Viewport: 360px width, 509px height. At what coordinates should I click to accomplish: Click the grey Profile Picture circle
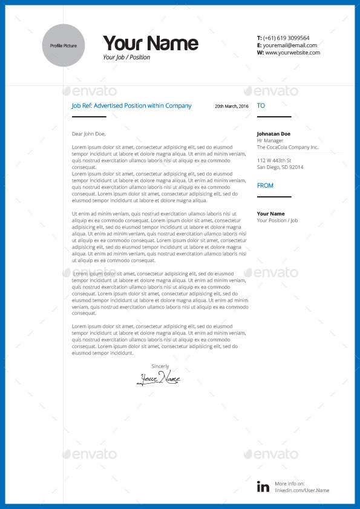pos(64,45)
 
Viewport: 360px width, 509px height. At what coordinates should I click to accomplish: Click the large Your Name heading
pos(150,43)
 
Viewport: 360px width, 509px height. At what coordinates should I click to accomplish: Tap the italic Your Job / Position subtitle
pos(126,57)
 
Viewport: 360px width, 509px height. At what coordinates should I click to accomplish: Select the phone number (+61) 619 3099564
pos(286,38)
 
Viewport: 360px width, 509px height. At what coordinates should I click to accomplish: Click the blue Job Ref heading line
pos(131,106)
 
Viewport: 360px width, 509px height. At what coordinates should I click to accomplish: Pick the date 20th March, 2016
pos(232,107)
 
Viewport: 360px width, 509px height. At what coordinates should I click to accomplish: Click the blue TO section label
pos(261,106)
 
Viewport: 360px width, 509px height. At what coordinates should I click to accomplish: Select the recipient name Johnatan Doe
pos(273,134)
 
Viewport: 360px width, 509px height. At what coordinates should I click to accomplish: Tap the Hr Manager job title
pos(270,140)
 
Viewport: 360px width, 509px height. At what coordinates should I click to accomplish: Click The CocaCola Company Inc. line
pos(287,147)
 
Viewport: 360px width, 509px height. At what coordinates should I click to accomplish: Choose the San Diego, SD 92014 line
pos(280,167)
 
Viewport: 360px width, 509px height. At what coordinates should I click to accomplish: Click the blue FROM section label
pos(265,186)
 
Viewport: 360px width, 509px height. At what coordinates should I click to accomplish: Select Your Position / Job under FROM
pos(277,220)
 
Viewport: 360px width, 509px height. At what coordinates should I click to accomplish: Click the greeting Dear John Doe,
pos(88,134)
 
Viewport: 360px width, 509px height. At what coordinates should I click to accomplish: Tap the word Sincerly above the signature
pos(160,366)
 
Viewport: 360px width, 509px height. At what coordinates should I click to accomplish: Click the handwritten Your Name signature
pos(159,379)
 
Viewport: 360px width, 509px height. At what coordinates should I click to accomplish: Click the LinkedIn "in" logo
pos(263,486)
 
